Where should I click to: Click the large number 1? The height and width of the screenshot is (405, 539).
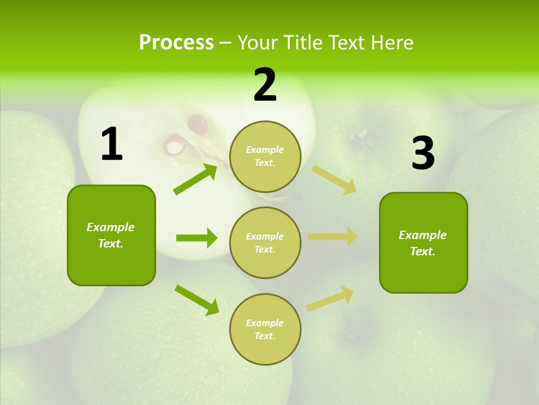click(112, 145)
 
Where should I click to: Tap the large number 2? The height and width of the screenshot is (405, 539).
click(265, 85)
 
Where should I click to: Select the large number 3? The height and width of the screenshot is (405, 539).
click(423, 154)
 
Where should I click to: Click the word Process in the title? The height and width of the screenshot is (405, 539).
click(176, 42)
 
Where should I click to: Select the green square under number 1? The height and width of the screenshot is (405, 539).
click(111, 235)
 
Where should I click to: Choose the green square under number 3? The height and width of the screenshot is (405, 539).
click(423, 242)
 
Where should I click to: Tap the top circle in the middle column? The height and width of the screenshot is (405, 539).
click(265, 156)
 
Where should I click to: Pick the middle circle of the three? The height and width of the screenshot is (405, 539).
click(265, 242)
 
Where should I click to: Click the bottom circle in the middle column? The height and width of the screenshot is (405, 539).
click(265, 329)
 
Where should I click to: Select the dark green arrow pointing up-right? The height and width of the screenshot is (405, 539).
click(195, 179)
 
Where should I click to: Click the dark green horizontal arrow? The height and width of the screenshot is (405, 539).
click(197, 238)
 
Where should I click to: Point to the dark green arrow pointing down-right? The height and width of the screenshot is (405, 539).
click(197, 300)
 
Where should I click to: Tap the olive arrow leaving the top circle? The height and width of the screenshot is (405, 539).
click(334, 179)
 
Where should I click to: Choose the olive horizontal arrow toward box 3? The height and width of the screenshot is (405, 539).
click(332, 237)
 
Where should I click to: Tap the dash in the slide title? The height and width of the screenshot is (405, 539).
click(226, 43)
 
